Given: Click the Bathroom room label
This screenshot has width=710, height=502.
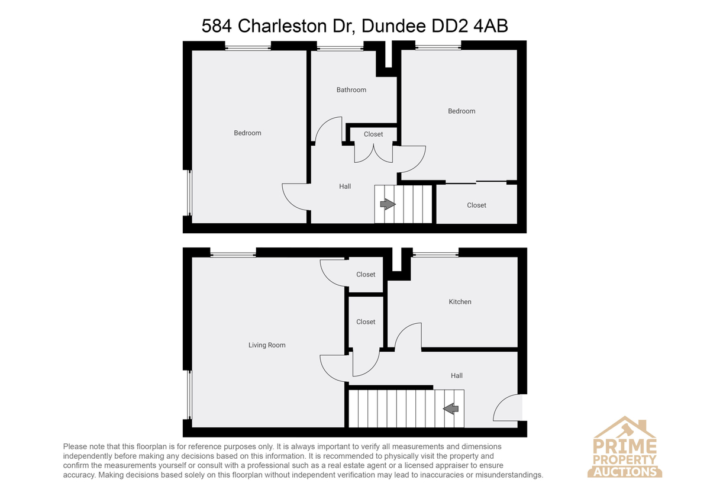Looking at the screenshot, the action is pos(351,90).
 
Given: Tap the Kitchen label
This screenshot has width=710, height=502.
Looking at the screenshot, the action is pos(460,301).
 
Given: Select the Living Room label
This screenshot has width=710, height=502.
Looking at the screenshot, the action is pos(267,345).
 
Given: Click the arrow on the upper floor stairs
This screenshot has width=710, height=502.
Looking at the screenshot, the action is pos(388,204).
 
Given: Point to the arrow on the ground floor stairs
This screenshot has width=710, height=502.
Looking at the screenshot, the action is pos(450,408).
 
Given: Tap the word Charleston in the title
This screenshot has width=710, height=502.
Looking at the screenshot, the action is pos(282,25).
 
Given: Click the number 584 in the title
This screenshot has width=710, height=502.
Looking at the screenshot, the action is pos(217,25).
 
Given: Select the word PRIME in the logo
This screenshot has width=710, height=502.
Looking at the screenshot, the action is pos(625,446).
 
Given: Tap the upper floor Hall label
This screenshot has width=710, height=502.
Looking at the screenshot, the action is pos(345,186).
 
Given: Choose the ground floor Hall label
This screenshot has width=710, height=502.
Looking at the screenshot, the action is pos(456,375).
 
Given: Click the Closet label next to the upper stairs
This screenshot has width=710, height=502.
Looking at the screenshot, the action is pos(476,205).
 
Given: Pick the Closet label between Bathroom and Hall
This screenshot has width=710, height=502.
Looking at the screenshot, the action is pos(373,134).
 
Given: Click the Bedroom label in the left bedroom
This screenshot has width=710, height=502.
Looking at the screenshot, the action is pos(247,133).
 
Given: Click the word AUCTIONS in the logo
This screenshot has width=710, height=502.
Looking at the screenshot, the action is pos(625,472).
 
